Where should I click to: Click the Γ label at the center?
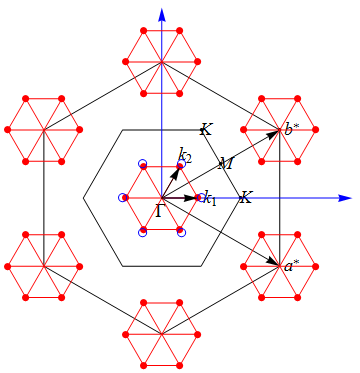tap(161, 211)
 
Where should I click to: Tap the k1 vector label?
tap(208, 198)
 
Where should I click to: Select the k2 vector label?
tap(184, 154)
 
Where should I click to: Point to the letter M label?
tap(225, 163)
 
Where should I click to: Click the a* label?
tap(291, 265)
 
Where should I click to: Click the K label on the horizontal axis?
tap(246, 197)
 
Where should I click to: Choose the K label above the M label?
tap(205, 129)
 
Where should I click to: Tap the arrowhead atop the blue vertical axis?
tap(161, 9)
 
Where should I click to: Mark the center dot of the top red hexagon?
tap(161, 61)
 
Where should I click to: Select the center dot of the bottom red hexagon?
tap(161, 334)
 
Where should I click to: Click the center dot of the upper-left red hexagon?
tap(43, 129)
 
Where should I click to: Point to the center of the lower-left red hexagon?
tap(43, 266)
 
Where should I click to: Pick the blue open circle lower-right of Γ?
tap(181, 232)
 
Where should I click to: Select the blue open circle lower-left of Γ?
tap(142, 232)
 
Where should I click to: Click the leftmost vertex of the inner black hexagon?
tap(83, 198)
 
